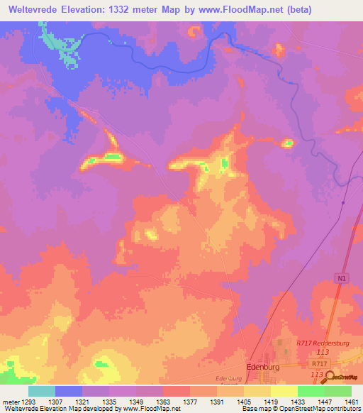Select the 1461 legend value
[x=351, y=401]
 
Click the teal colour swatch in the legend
[x=42, y=391]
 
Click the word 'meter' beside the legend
[x=10, y=401]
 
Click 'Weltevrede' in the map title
[x=33, y=9]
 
